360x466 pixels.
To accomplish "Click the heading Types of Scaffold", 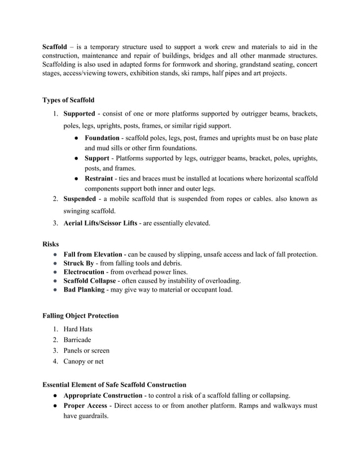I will [68, 100].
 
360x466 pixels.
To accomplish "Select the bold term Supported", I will [79, 115].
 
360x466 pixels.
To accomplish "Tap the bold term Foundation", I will [102, 138].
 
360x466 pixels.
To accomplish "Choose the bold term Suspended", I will [80, 199].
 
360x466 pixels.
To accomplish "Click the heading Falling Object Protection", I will [81, 315].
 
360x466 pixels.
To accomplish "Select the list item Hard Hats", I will [78, 329].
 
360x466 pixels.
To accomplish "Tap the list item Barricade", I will [77, 340].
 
